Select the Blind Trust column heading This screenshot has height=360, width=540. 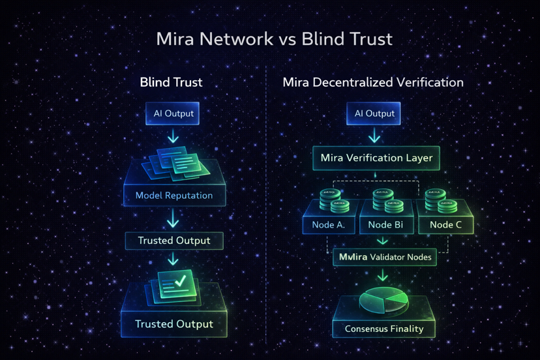[x=171, y=83]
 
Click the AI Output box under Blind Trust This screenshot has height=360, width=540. [x=173, y=113]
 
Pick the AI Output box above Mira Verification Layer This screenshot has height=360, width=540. [x=374, y=113]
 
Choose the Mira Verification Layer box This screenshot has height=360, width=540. [x=376, y=158]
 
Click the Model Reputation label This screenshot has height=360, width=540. [x=173, y=195]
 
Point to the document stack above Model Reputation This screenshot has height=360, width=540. [x=176, y=162]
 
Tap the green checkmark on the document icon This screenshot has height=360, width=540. [x=179, y=281]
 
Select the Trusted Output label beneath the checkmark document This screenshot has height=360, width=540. [x=173, y=323]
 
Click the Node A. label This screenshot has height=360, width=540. [x=329, y=224]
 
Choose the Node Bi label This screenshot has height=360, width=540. [x=385, y=224]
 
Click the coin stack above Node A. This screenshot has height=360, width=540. [x=331, y=200]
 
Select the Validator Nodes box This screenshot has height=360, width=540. [x=385, y=257]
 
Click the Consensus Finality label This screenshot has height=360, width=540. [x=383, y=329]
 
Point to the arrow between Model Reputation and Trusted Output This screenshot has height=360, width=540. [x=173, y=218]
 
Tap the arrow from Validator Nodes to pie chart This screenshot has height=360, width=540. [x=383, y=277]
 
